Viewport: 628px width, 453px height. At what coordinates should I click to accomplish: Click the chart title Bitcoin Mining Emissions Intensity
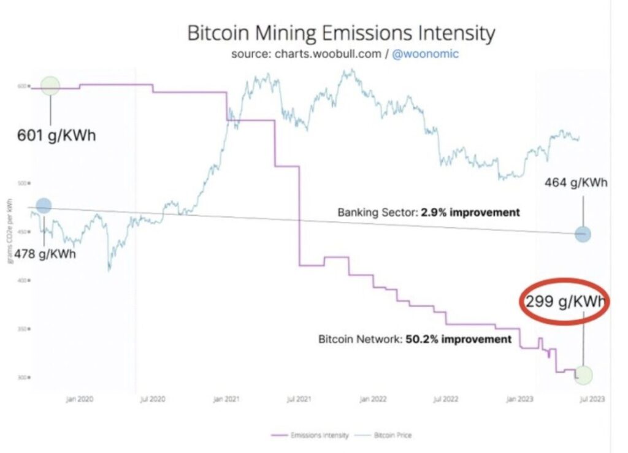340,33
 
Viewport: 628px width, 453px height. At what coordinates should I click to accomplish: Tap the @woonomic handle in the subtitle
426,54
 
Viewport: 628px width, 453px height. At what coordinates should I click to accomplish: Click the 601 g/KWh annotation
56,135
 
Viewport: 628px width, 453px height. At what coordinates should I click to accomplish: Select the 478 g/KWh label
45,254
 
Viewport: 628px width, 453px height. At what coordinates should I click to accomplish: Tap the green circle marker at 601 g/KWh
50,86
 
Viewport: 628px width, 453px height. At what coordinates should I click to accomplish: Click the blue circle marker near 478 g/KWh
44,207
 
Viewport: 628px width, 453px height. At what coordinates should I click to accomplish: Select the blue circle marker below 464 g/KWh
583,234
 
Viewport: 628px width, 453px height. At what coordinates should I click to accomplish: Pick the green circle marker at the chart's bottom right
584,375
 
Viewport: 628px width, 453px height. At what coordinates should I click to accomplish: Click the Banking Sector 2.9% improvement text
429,213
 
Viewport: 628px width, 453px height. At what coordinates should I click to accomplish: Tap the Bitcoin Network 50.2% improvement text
415,339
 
